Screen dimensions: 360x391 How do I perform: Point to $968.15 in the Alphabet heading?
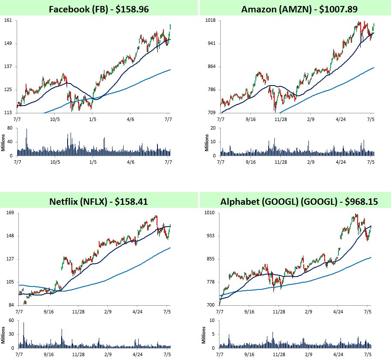(x=357, y=201)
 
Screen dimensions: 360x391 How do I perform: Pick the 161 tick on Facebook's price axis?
(x=9, y=20)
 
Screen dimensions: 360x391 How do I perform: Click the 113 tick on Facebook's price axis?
(x=9, y=113)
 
